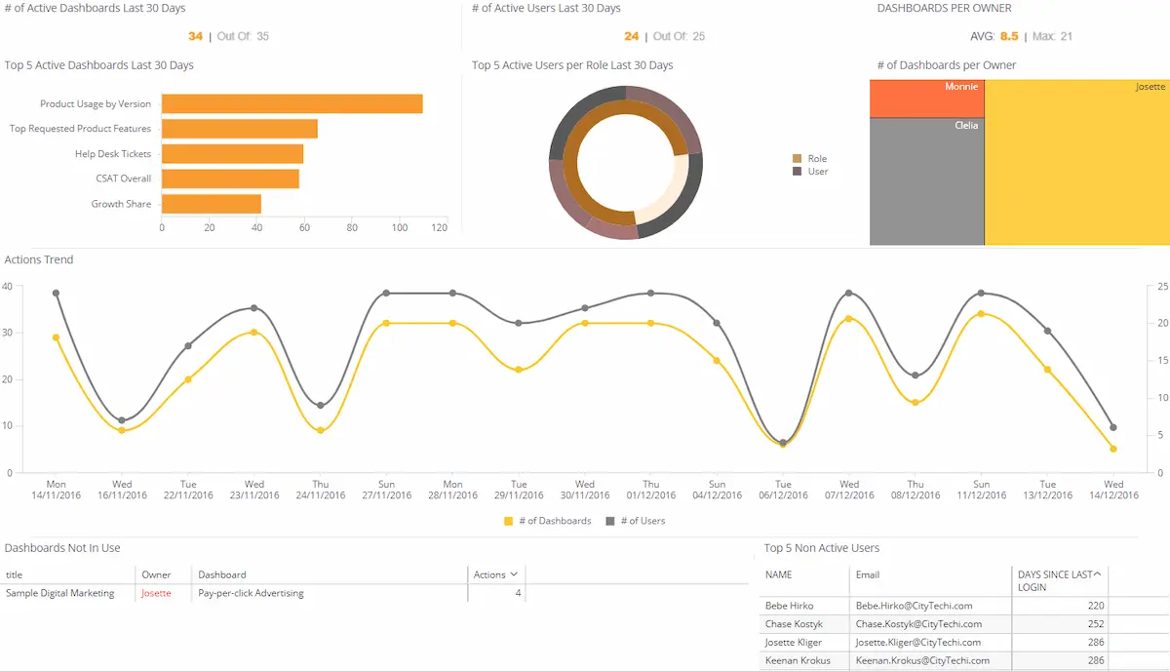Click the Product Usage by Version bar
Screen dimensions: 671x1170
click(292, 103)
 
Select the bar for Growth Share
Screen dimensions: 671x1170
click(211, 204)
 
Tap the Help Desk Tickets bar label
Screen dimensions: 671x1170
click(113, 154)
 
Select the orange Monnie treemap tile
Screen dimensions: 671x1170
click(926, 99)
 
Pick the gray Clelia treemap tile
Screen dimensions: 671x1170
click(926, 181)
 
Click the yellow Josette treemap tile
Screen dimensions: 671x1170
click(1076, 162)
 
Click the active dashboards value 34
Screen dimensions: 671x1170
click(195, 36)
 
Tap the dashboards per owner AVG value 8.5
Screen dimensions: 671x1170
click(1008, 36)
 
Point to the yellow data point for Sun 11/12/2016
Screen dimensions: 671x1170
click(981, 314)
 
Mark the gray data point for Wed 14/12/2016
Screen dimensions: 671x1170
click(1113, 427)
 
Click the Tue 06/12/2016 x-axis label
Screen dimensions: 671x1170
click(783, 490)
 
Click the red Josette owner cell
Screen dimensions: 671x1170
click(156, 593)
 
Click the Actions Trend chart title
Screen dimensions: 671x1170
click(39, 259)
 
